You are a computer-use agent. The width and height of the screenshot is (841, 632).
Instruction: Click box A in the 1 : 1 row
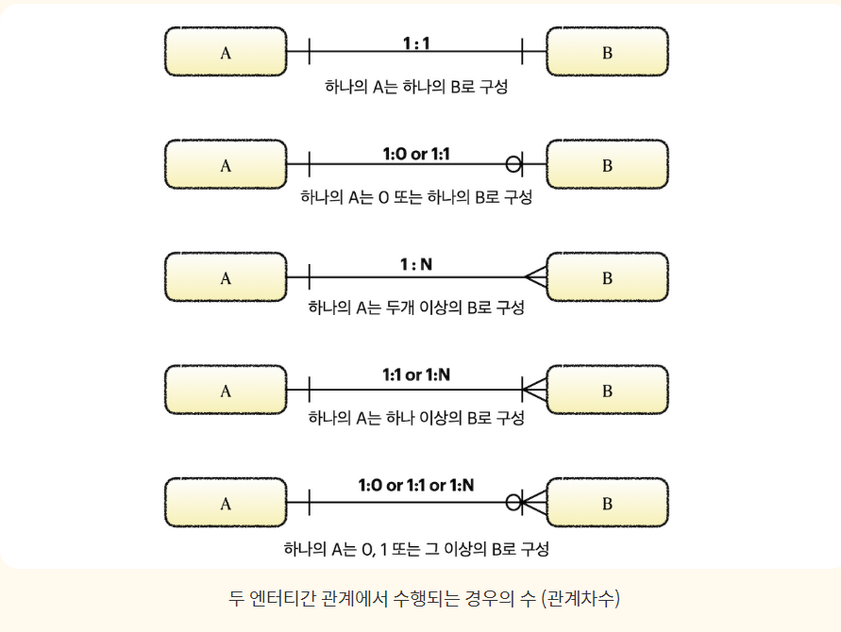tap(226, 52)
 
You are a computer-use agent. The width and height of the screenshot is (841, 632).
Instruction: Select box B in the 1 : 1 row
tap(607, 52)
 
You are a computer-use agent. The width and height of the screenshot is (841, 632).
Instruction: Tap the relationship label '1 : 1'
tap(416, 42)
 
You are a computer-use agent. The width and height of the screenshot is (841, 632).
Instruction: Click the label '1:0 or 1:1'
tap(416, 154)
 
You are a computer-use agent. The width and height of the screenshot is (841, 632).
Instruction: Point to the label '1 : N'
tap(416, 265)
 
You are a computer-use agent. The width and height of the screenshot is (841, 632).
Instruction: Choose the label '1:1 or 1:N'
tap(416, 374)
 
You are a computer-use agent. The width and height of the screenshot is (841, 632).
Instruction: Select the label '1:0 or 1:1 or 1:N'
tap(416, 486)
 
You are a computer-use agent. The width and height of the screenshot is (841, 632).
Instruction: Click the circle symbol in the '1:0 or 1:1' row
tap(513, 164)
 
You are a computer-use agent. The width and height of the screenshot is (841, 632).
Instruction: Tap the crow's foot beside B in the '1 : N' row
tap(535, 277)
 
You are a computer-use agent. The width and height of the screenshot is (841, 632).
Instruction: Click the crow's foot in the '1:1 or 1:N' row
tap(534, 390)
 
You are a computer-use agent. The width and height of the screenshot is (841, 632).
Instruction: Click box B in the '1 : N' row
tap(607, 277)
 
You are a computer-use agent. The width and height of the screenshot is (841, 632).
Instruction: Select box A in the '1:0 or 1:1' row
tap(226, 164)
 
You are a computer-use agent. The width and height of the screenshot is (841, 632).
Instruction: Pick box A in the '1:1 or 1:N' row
tap(226, 390)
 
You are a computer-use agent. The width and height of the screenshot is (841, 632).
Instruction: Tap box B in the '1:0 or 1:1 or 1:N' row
tap(607, 502)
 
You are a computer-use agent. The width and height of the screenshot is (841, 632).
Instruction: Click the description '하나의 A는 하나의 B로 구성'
tap(416, 87)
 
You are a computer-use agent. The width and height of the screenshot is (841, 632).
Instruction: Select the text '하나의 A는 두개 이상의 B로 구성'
tap(416, 308)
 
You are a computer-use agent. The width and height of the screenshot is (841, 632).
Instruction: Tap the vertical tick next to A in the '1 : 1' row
tap(310, 52)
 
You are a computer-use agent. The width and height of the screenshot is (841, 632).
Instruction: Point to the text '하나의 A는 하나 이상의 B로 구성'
tap(416, 419)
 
